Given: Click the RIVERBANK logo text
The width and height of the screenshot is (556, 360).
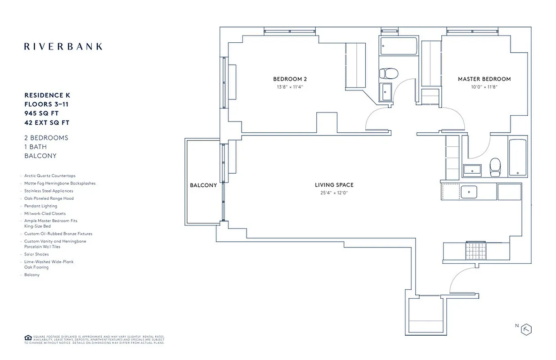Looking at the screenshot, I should pos(63,46).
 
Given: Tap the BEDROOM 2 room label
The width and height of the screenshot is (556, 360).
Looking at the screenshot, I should pos(290,79).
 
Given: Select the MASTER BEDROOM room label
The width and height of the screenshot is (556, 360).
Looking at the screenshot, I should pos(484,79).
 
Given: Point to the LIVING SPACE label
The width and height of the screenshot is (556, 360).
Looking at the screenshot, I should pos(334,185).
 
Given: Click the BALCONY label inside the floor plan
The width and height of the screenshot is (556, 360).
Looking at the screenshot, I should pos(203,185).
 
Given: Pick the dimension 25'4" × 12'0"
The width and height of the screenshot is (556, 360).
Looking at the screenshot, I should pos(334,193).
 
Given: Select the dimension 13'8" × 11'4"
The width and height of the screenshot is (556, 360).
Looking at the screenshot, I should pos(290,87).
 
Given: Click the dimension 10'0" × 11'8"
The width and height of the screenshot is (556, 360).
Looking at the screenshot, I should pos(484,87).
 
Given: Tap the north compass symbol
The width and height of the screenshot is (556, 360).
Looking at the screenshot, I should pos(526,329).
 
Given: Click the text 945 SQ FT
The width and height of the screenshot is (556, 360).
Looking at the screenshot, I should pos(41,113).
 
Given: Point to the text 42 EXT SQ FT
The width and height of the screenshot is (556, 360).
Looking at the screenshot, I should pos(47,122).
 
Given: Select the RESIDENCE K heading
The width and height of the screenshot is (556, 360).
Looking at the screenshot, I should pos(47,95).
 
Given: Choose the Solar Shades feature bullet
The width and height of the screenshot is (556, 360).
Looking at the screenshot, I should pos(36,254).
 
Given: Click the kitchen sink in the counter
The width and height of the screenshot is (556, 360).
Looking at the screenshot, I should pos(469,192).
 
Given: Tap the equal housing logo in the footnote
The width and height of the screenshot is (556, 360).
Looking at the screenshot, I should pos(28,337).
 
